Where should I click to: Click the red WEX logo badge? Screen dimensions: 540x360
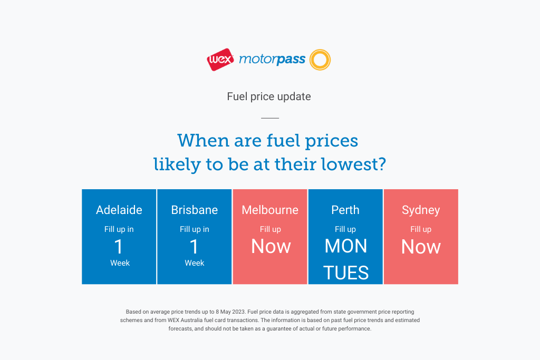(220, 60)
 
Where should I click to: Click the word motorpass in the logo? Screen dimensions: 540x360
(272, 60)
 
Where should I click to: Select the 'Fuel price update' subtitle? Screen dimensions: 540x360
(269, 96)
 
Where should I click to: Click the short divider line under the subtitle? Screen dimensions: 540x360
(270, 118)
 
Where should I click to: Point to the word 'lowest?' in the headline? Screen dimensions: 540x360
(354, 164)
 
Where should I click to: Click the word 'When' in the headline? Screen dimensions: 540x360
(204, 140)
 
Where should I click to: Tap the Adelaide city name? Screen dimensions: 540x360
(119, 210)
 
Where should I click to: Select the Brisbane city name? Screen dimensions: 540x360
(195, 210)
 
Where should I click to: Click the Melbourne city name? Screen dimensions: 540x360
(270, 210)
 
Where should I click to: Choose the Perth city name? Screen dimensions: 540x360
(345, 210)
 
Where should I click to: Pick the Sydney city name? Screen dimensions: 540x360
(421, 210)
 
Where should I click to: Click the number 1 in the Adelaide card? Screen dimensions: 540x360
(119, 247)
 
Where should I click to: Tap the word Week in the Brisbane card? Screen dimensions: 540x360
(195, 263)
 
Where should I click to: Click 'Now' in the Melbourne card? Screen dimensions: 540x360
(271, 247)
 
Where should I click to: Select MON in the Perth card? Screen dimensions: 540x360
(346, 246)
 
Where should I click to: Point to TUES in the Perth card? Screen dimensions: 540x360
(346, 273)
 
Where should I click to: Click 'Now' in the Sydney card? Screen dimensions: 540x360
(421, 247)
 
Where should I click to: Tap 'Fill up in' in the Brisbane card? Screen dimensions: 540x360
(195, 229)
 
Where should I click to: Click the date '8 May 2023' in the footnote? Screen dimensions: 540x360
(230, 312)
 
